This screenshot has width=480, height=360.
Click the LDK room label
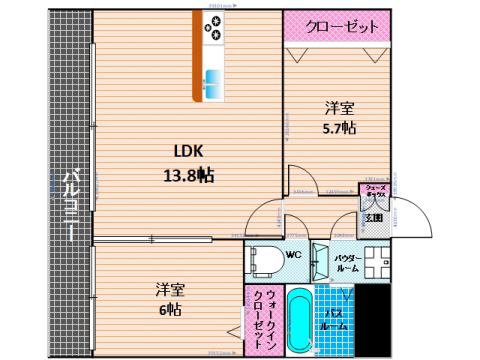(x=189, y=152)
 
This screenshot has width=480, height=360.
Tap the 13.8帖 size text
(x=190, y=173)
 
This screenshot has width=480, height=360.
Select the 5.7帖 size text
(x=339, y=128)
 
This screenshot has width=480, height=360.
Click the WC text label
(x=294, y=255)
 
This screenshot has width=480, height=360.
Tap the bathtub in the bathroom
(x=300, y=321)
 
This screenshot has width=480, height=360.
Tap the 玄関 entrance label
(x=372, y=218)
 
